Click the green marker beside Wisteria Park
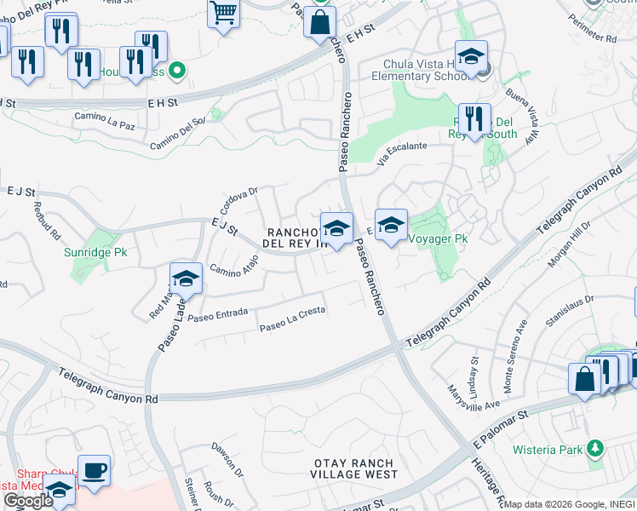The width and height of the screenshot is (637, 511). pos(596,448)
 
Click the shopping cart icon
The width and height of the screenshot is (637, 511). pos(223,14)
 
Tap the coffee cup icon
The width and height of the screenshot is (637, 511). pos(94,469)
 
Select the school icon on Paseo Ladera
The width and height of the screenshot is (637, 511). pos(185,279)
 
